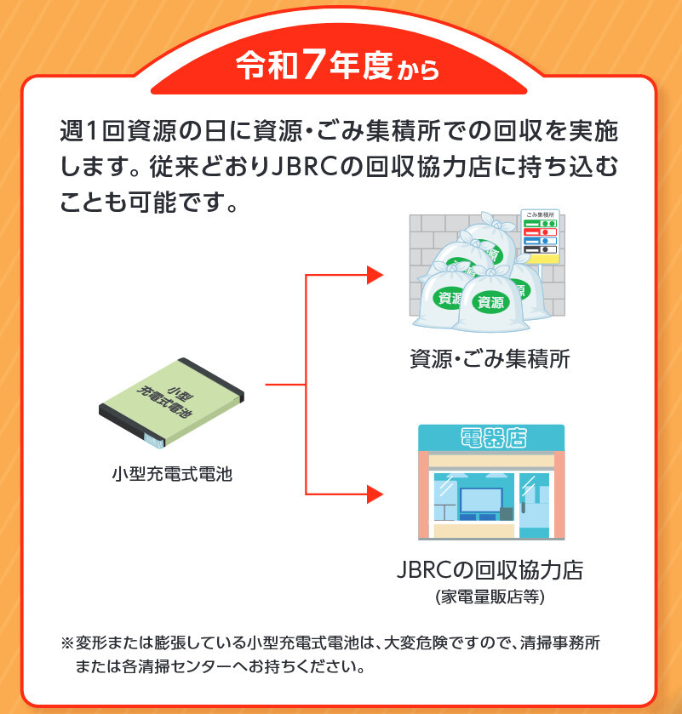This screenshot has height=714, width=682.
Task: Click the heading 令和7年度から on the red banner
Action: click(x=337, y=66)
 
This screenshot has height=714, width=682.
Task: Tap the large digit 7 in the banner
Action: click(x=313, y=66)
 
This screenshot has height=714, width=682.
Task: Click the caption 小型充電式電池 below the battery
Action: click(x=172, y=474)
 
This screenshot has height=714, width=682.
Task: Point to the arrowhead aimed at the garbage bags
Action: click(x=375, y=275)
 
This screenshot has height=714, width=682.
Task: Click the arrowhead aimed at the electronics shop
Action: click(x=375, y=494)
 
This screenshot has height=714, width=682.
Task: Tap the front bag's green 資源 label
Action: click(x=490, y=302)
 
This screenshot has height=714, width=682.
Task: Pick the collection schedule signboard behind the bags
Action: click(x=541, y=237)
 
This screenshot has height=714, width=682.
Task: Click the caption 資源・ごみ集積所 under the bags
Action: click(x=490, y=359)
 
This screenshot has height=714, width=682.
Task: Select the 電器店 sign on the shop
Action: click(x=494, y=438)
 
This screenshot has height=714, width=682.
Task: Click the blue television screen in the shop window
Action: click(x=481, y=500)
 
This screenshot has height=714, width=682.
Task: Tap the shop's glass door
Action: click(x=535, y=506)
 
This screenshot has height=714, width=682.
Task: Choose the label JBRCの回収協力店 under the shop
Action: click(x=490, y=569)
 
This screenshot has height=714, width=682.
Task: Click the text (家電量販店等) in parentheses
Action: click(x=490, y=597)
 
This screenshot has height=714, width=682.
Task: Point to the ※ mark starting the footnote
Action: click(x=67, y=643)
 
